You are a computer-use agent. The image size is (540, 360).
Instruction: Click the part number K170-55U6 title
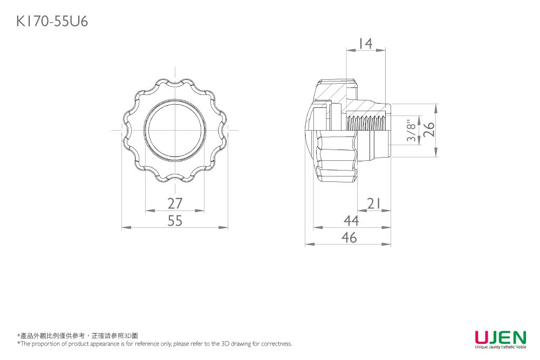pos(52,21)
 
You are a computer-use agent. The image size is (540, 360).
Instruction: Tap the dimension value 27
pos(175,203)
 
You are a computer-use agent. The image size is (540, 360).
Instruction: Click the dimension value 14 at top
pos(366,44)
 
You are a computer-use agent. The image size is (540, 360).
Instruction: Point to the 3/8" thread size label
pos(412,131)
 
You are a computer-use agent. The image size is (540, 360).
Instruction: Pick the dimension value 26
pos(428,130)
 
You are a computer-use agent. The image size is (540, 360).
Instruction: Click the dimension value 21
pos(374,203)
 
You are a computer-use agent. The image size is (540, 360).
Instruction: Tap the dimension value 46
pos(350,237)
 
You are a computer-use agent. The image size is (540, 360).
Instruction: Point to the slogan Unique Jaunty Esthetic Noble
pos(500,347)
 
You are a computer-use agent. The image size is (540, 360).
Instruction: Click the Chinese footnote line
pos(78,336)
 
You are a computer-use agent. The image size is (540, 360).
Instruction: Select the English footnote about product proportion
pos(155,343)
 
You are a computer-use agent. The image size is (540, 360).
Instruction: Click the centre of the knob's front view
pos(175,130)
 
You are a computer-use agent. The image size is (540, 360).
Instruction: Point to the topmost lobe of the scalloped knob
pos(175,82)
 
